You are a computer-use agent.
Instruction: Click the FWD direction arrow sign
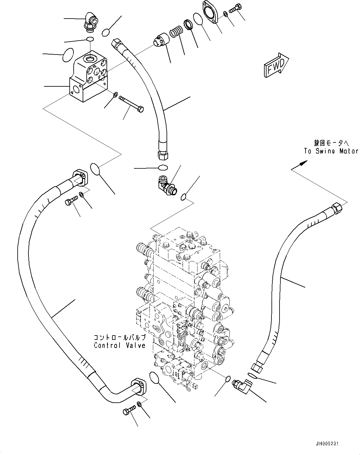(276, 65)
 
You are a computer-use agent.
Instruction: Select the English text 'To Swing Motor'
(331, 151)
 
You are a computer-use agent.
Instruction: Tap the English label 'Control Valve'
(119, 345)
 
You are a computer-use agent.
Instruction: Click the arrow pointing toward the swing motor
(300, 165)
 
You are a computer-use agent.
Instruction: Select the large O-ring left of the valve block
(68, 55)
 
